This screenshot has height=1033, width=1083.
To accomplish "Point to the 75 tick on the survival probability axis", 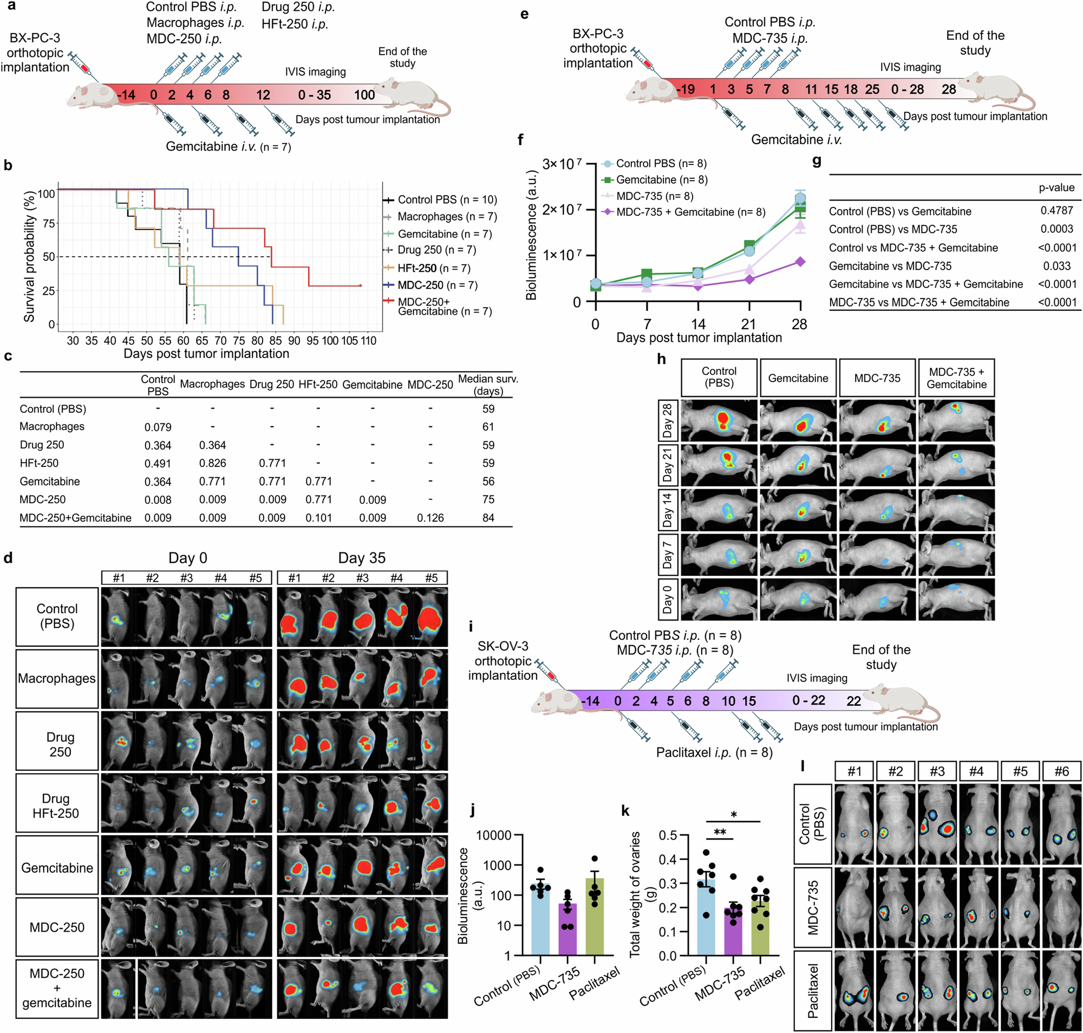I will [x=48, y=224].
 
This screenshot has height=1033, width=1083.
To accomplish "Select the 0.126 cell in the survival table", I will [x=430, y=518].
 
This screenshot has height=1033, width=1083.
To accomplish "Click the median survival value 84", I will [x=488, y=518].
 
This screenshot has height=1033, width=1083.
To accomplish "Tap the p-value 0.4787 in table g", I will [x=1056, y=211].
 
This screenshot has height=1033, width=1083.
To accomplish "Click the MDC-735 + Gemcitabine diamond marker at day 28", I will [x=800, y=262].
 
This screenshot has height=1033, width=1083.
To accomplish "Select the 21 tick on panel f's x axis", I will [x=748, y=324].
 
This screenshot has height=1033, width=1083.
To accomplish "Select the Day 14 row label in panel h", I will [x=668, y=510].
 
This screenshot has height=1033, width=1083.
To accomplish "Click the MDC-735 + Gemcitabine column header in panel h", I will [x=956, y=378].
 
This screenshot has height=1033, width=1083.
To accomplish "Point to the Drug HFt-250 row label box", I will [x=57, y=805].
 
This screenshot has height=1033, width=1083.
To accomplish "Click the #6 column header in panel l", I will [x=1061, y=771].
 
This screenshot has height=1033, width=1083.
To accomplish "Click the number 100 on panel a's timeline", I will [x=364, y=95].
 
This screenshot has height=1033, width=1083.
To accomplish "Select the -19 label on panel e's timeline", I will [x=686, y=89].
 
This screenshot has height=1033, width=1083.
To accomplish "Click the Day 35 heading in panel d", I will [x=362, y=558].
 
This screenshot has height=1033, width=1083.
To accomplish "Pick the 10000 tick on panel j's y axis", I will [x=494, y=835].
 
